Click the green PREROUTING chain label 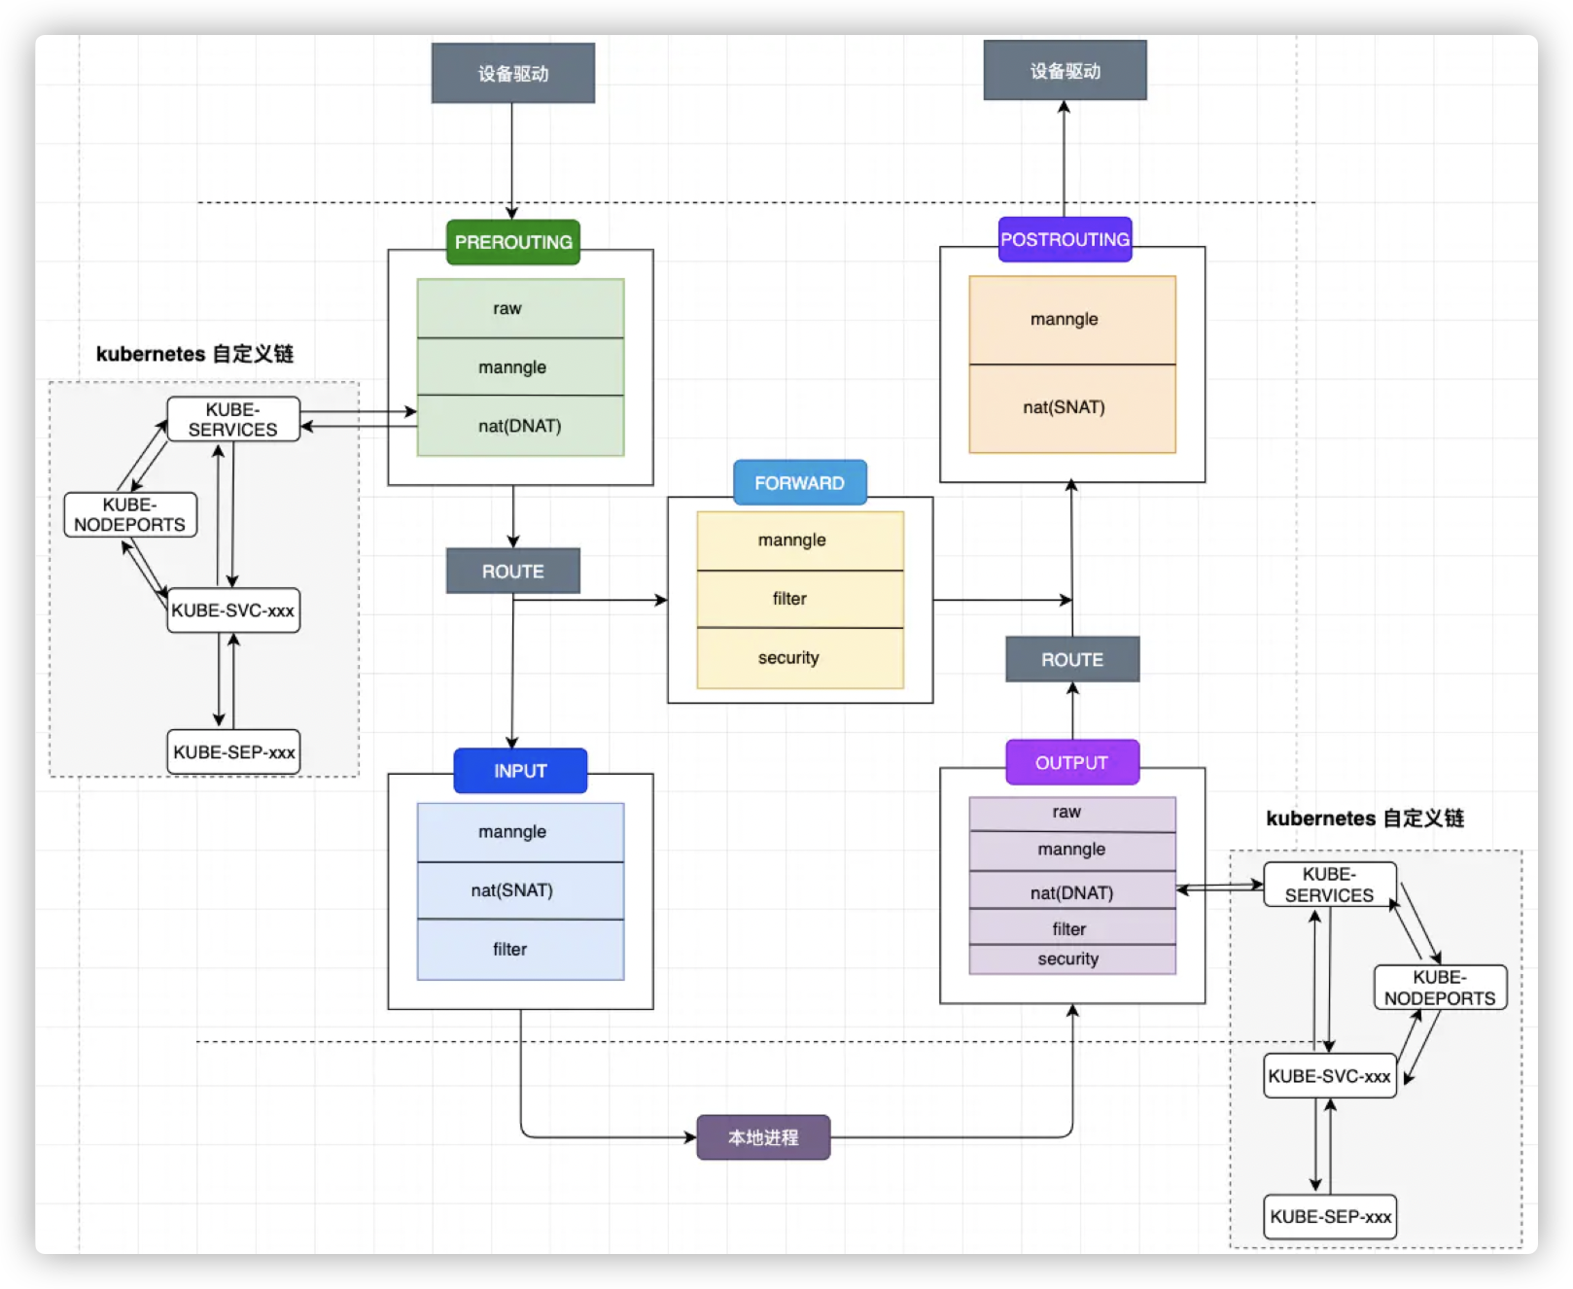tap(513, 242)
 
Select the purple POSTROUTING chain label tap(1065, 239)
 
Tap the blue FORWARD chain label tap(799, 482)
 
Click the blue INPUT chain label tap(520, 771)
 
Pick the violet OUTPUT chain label tap(1071, 762)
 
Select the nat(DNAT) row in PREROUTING tap(520, 426)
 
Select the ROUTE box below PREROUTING tap(512, 571)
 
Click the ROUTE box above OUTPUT tap(1071, 659)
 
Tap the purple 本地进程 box tap(763, 1137)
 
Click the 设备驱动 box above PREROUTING tap(512, 73)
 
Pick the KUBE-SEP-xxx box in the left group tap(233, 752)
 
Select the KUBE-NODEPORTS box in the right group tap(1440, 988)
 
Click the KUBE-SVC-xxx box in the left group tap(233, 610)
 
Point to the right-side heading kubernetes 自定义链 tap(1364, 819)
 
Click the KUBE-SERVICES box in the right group tap(1329, 885)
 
